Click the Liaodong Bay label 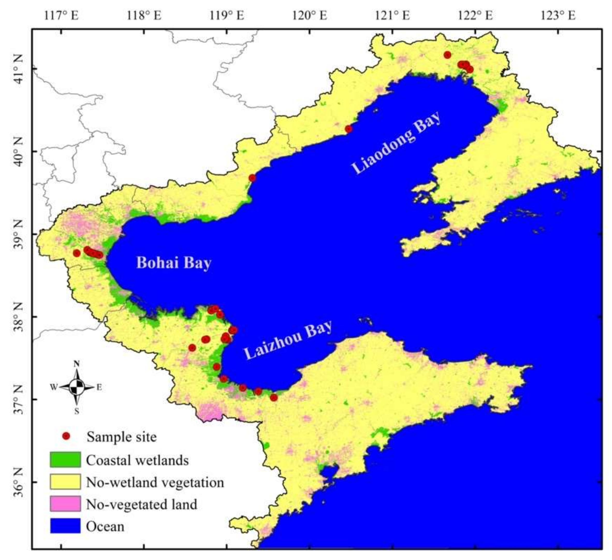tap(396, 143)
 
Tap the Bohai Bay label tap(173, 263)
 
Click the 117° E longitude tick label tap(61, 15)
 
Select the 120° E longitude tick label tap(310, 15)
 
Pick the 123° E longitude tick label tap(558, 15)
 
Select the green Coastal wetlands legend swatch tap(65, 460)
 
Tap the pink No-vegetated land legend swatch tap(65, 504)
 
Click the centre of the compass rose tap(77, 387)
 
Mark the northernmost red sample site tap(447, 55)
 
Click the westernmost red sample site tap(77, 253)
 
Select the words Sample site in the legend tap(122, 437)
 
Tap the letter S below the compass tap(77, 411)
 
